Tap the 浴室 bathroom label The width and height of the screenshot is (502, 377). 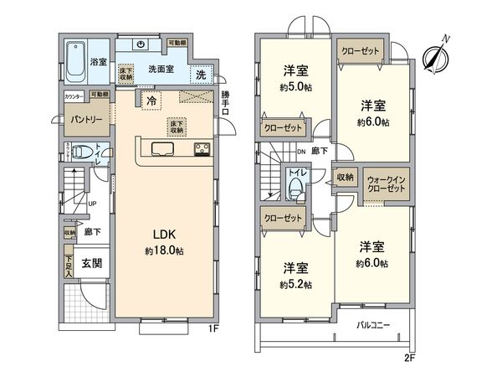[98, 61]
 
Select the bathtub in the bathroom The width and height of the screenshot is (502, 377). [76, 58]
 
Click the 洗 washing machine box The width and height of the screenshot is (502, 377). [201, 75]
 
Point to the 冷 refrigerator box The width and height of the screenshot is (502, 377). [151, 101]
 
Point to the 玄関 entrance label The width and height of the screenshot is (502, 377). [91, 263]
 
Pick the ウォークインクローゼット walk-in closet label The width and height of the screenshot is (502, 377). [387, 183]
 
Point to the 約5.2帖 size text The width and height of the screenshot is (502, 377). [296, 284]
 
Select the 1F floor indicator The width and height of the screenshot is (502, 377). [214, 328]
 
